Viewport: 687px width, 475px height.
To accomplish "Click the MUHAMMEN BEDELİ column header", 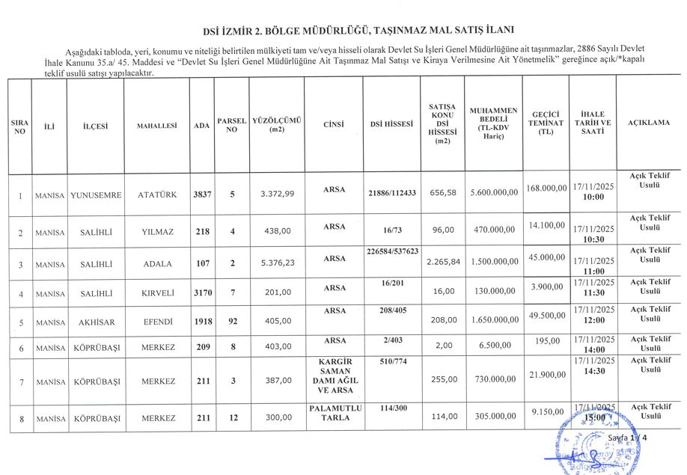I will coord(489,123).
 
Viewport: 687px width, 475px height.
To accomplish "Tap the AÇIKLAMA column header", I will coord(648,122).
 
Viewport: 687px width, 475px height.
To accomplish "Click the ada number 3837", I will coord(202,194).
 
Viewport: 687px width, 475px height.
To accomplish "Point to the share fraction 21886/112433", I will coord(392,192).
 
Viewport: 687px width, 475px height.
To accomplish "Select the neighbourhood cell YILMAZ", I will coord(157,232).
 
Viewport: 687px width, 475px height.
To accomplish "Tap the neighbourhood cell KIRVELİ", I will coord(157,292).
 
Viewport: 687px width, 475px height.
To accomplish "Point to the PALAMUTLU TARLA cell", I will coord(335,412).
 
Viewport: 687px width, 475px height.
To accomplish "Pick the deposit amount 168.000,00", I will coord(546,187).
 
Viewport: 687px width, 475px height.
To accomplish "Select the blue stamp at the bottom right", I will coord(593,441).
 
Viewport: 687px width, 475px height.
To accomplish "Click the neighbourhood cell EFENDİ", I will coord(157,322).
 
